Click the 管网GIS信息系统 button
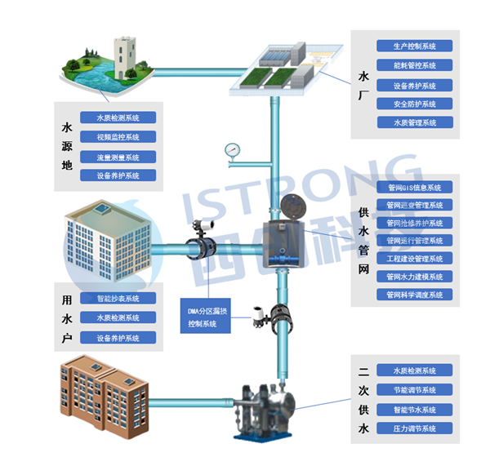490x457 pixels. (414, 188)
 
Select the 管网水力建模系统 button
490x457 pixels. (414, 277)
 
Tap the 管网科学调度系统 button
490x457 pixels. (414, 295)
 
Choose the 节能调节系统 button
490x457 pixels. (414, 390)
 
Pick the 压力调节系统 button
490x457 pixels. (414, 428)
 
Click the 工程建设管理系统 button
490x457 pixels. (414, 259)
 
